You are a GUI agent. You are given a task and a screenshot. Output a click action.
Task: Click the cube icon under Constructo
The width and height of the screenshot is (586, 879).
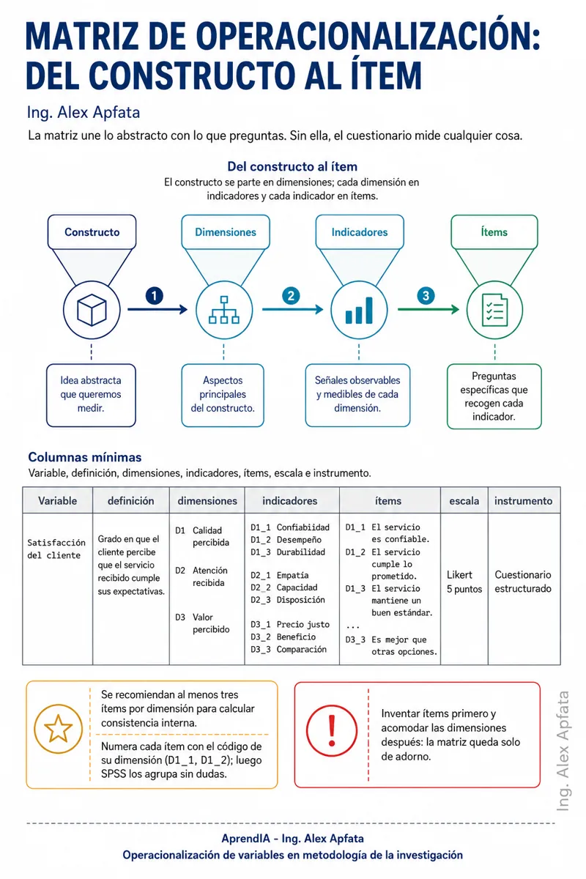click(x=92, y=310)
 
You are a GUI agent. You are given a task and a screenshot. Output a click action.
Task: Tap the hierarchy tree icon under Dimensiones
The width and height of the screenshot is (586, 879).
click(x=223, y=310)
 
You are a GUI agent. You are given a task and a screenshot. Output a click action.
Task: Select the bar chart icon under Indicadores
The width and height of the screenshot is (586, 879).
click(x=359, y=311)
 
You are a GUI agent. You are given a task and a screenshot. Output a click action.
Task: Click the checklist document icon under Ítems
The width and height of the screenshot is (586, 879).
click(x=494, y=310)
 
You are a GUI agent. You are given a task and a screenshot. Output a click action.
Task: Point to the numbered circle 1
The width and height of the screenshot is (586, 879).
click(x=155, y=296)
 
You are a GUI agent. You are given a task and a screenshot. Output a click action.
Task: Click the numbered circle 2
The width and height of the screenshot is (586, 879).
click(x=291, y=296)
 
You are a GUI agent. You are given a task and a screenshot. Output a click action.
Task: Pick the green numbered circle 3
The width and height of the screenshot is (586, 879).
click(x=426, y=296)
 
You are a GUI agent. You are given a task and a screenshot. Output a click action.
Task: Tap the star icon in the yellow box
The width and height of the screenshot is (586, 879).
click(x=59, y=729)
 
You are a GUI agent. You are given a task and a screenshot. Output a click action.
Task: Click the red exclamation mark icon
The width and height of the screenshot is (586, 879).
click(x=332, y=731)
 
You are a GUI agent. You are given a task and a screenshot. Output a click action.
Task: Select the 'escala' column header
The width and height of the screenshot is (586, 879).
click(x=464, y=501)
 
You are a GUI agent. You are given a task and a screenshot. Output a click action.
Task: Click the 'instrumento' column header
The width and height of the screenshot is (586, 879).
click(x=524, y=501)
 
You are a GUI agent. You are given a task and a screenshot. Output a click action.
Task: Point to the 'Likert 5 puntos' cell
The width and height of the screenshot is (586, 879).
click(x=464, y=582)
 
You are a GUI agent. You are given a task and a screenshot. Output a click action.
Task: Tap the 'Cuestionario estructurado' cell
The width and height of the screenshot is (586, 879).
click(x=523, y=582)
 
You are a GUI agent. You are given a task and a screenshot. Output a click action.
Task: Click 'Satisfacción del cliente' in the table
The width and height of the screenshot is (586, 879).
click(x=56, y=549)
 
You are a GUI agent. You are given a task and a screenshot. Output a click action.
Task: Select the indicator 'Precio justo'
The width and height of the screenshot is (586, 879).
click(x=303, y=624)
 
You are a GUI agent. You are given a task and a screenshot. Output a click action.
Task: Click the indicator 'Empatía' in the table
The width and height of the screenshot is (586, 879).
click(x=292, y=575)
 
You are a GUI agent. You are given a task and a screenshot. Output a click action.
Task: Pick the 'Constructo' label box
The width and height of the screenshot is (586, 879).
click(x=92, y=232)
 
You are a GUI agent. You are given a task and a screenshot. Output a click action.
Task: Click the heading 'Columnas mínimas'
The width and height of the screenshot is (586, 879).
click(x=85, y=457)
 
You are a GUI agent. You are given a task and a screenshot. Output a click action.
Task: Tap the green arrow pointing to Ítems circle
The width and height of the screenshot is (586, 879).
click(x=429, y=309)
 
